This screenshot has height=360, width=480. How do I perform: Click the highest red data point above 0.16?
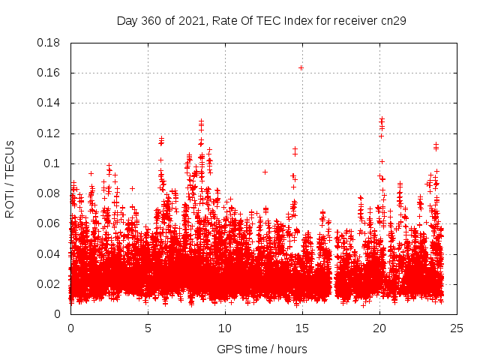301,67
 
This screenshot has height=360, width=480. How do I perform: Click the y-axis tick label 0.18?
49,43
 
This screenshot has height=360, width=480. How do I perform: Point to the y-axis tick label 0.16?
49,73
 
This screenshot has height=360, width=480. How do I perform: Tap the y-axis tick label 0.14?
49,103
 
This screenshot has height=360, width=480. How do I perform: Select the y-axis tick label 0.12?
49,133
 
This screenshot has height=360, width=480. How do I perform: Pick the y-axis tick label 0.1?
52,163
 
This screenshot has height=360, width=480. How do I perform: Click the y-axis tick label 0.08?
49,193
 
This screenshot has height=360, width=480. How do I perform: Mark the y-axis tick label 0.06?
49,223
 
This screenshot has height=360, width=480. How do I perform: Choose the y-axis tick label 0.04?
49,253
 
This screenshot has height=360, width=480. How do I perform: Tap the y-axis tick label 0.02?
49,283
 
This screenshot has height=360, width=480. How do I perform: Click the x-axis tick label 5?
148,328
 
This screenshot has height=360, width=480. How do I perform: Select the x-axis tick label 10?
225,328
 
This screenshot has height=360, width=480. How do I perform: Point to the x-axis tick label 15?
302,328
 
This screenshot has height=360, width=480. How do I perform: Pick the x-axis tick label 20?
379,328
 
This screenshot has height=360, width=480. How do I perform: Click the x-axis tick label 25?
457,328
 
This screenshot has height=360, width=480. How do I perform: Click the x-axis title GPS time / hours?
262,349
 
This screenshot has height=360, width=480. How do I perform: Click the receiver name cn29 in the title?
394,20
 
